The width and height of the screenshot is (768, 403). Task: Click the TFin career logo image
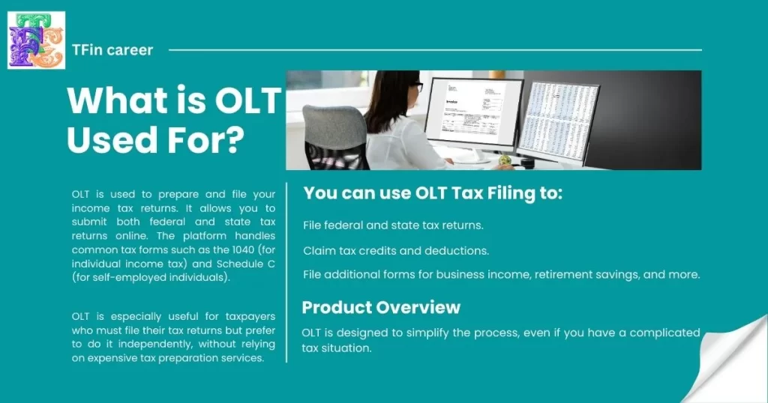(x=36, y=40)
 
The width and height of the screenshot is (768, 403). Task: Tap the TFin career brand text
(x=112, y=50)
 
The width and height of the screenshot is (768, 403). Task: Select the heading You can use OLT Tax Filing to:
(x=433, y=193)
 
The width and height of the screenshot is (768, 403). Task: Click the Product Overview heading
(x=380, y=307)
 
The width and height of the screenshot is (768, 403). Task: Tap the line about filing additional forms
(x=501, y=275)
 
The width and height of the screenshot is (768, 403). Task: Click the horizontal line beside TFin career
(x=435, y=50)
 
